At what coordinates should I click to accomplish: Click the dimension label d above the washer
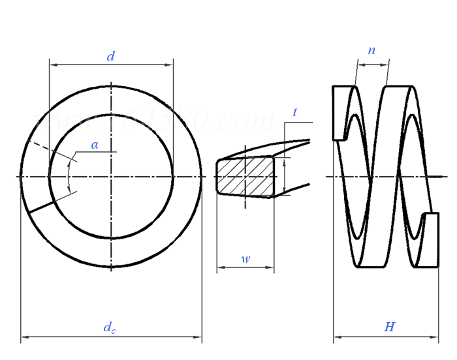(111, 57)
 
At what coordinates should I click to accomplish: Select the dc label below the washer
(110, 327)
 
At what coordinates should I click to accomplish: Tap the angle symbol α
(95, 145)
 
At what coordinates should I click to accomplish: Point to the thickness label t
(294, 112)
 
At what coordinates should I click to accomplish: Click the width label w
(245, 259)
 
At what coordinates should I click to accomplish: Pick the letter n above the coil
(371, 50)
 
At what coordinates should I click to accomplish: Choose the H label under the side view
(389, 327)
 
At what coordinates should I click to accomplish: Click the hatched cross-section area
(245, 176)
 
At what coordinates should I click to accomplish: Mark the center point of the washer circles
(111, 176)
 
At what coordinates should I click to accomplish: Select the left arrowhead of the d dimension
(53, 65)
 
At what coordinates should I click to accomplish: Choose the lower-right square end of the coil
(431, 239)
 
